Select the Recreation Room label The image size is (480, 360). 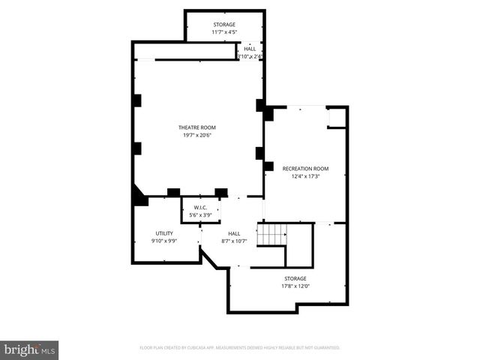coord(305,169)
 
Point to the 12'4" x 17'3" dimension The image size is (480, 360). coord(305,177)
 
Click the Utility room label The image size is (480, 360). coord(164,233)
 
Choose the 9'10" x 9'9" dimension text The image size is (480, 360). coord(164,241)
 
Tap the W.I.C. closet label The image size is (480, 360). coord(200,208)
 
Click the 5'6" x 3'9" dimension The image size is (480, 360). coord(200,215)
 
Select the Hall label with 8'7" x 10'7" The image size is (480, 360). coord(234,233)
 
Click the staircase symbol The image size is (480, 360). coord(272,234)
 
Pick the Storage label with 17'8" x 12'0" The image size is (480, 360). coord(295,278)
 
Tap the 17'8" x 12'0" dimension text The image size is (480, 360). coord(295,286)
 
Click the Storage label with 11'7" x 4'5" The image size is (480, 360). coord(224,25)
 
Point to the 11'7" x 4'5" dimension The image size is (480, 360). coord(224,32)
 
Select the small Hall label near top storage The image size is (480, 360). coord(250,49)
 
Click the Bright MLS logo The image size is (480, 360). coord(30,349)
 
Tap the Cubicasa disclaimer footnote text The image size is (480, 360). coord(240,347)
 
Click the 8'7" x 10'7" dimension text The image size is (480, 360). coord(234,241)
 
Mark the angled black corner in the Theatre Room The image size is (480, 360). coord(139,196)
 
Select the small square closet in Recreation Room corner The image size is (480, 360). coord(337,118)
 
